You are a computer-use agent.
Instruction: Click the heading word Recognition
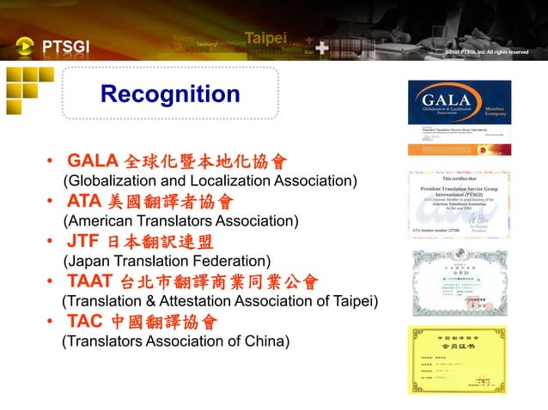click(x=170, y=93)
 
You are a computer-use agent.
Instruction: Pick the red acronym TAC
click(x=86, y=322)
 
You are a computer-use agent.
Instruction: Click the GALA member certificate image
click(x=459, y=118)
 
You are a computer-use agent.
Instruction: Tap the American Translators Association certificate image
click(x=459, y=203)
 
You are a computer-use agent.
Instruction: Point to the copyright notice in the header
click(x=484, y=52)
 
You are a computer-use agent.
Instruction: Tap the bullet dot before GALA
click(x=52, y=162)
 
